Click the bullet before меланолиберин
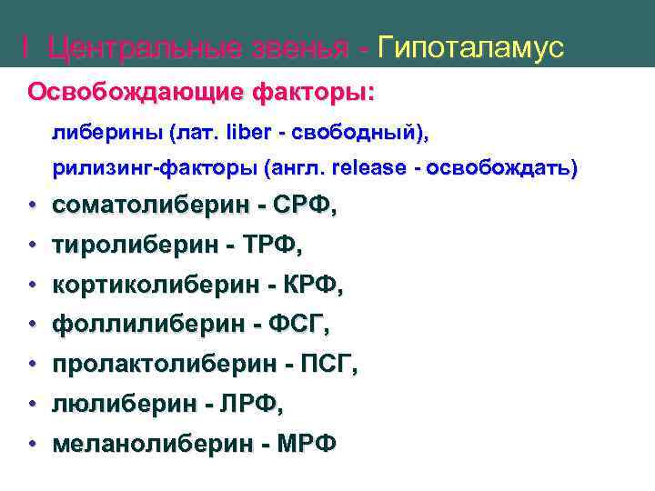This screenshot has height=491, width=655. (31, 444)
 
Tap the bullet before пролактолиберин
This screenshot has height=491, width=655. (31, 365)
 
